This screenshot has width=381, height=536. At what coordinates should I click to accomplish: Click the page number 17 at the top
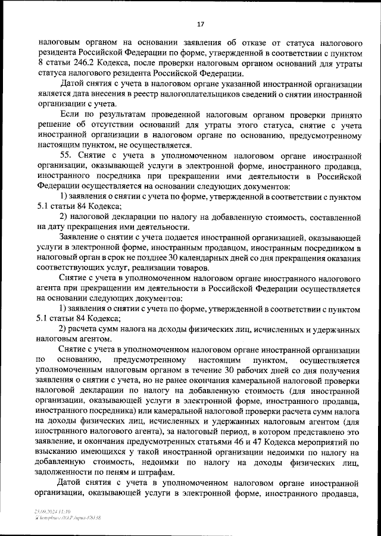201,24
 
